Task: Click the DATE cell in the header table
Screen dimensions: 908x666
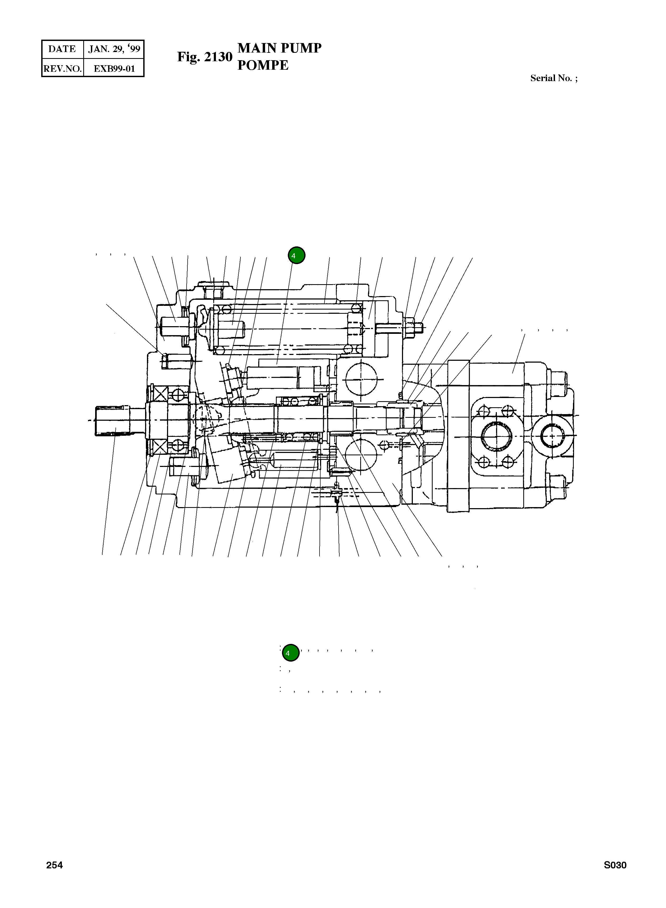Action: (x=62, y=49)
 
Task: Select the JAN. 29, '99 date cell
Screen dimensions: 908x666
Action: (x=114, y=49)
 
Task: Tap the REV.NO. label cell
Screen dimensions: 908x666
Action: (x=62, y=68)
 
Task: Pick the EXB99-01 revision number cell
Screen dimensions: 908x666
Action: (x=114, y=68)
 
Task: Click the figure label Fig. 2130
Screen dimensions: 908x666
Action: (x=205, y=57)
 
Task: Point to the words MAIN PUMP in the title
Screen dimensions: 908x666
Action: (x=279, y=48)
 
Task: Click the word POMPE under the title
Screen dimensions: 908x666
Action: (x=263, y=65)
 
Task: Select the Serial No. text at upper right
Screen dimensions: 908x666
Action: (x=553, y=78)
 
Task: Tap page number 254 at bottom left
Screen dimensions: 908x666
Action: (x=54, y=865)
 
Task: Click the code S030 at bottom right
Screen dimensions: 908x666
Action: (x=615, y=865)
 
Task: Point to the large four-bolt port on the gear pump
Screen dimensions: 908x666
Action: (x=496, y=437)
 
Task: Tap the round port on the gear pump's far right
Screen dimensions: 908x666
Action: (x=552, y=436)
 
